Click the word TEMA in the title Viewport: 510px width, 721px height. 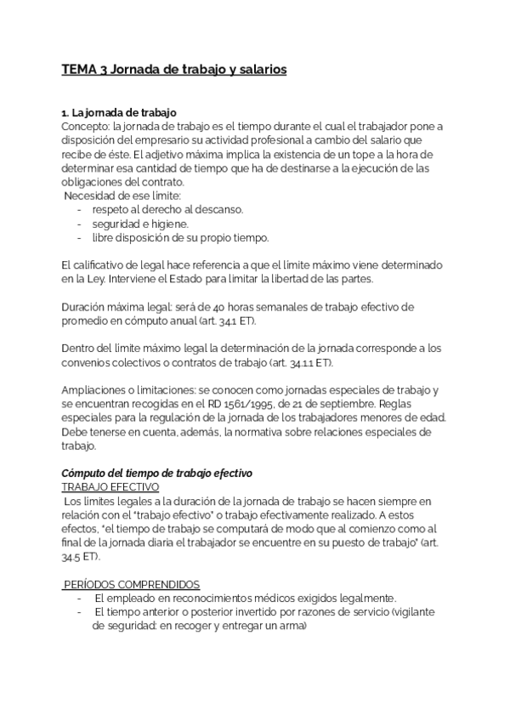81,71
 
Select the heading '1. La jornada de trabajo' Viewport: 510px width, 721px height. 118,112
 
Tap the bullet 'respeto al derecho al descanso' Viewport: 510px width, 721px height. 167,209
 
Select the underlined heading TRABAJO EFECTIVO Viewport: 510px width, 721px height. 110,486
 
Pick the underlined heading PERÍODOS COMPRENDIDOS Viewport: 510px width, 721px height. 132,584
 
